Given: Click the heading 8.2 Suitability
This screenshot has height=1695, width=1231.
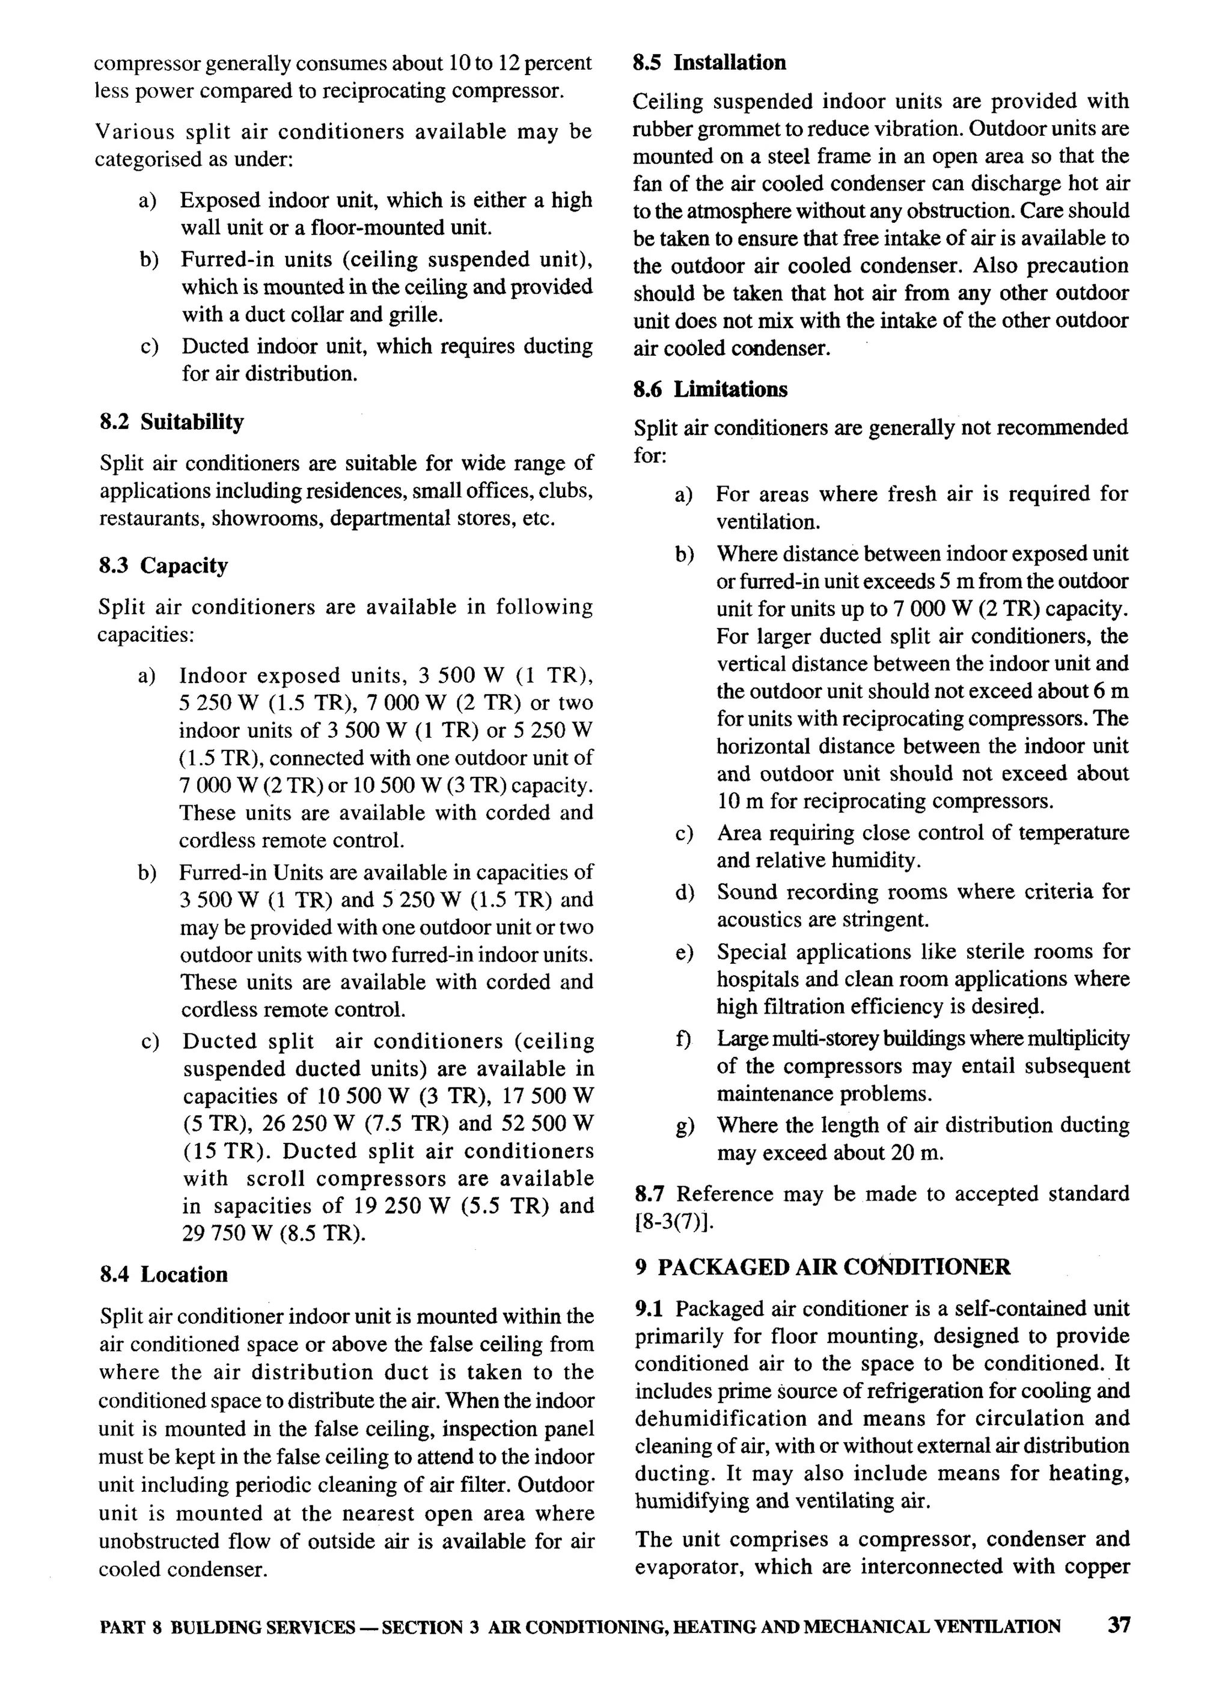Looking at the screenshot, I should [171, 422].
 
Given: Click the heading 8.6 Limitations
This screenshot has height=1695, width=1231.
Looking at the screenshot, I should [710, 389].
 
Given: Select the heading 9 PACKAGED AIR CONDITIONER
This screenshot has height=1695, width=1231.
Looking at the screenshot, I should [823, 1268].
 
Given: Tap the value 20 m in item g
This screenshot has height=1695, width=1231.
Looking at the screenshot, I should [917, 1153].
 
